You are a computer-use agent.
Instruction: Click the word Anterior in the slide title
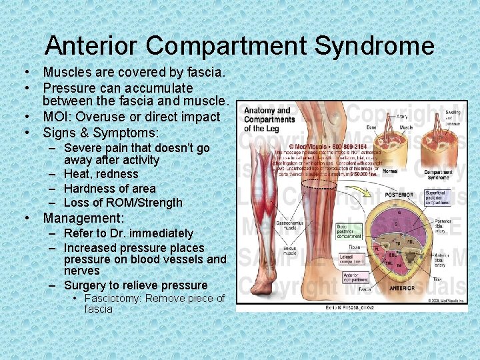click(x=92, y=46)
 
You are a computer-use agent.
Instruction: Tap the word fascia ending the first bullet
click(x=207, y=72)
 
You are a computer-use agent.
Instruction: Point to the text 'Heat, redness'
click(x=101, y=174)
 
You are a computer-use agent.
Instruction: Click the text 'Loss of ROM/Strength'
click(x=123, y=203)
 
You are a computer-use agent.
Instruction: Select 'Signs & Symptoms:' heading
click(x=101, y=132)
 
